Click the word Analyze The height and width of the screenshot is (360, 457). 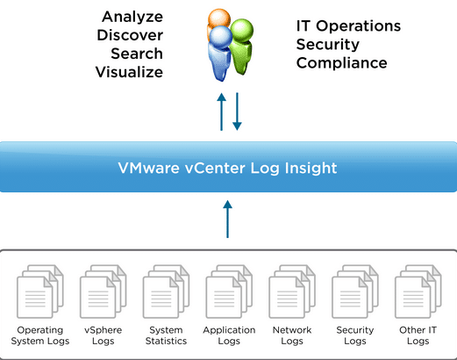point(132,17)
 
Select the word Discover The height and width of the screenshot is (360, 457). point(130,35)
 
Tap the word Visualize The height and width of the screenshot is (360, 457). point(129,72)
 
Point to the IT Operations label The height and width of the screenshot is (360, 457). point(348,26)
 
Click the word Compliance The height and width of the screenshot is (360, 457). point(341,63)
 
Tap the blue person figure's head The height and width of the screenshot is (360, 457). point(221,38)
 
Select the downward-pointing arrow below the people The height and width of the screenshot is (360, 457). point(237,112)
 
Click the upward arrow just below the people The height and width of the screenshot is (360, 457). point(222,112)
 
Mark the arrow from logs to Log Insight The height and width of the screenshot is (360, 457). point(227,219)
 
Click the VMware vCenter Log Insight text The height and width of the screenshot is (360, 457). point(227,168)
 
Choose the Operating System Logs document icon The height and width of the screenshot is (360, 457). point(40,292)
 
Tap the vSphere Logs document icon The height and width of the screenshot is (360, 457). point(104,292)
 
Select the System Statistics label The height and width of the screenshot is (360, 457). point(166,335)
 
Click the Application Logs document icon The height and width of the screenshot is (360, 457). point(229,292)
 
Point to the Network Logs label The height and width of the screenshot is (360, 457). point(292,335)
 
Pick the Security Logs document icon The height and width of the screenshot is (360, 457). point(355,292)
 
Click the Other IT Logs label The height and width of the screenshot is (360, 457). point(418,335)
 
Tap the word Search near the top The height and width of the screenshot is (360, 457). point(137,54)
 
